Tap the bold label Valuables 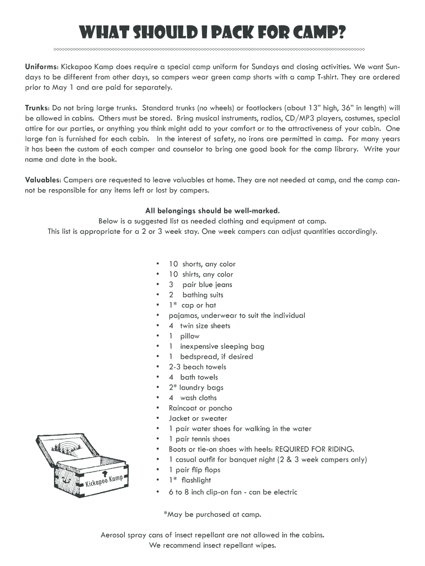coord(42,180)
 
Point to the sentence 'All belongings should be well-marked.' coord(212,211)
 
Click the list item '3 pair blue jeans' coord(200,285)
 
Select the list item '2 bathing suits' coord(196,295)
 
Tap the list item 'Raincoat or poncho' coord(200,408)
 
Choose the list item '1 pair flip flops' coord(194,470)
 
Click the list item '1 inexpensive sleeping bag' coord(216,347)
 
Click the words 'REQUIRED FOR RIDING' coord(314,449)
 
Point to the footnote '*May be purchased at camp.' coord(212,515)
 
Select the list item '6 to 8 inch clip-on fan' coord(233,492)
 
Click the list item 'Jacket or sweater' coord(198,418)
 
